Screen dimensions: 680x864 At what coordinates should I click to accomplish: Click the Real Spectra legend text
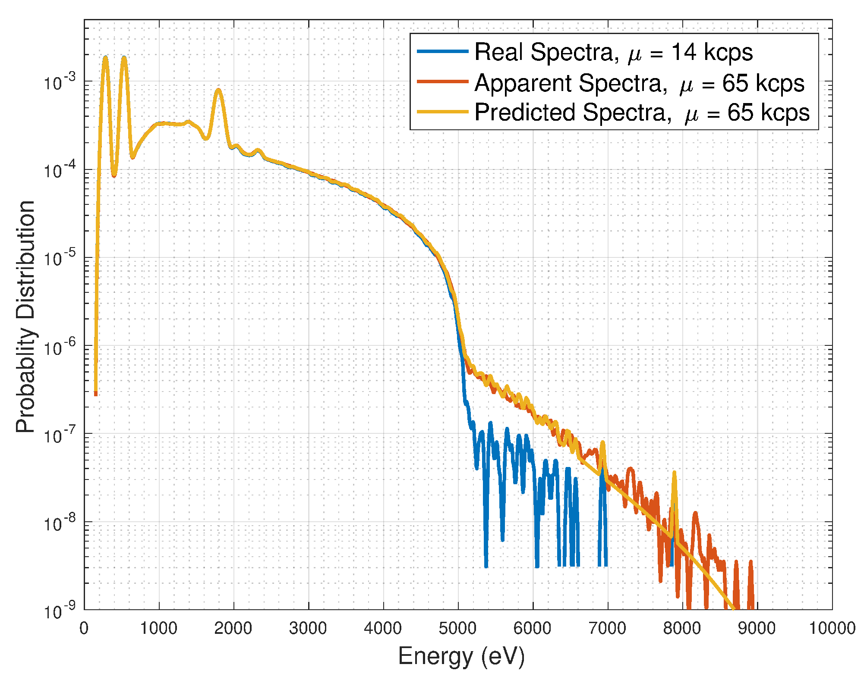pyautogui.click(x=613, y=53)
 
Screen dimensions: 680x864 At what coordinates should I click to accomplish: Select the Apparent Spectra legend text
pyautogui.click(x=639, y=83)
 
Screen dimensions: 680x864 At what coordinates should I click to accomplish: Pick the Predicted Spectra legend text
pyautogui.click(x=642, y=113)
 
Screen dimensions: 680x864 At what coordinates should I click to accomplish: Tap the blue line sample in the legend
pyautogui.click(x=442, y=52)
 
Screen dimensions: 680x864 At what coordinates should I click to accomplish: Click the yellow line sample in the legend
pyautogui.click(x=442, y=112)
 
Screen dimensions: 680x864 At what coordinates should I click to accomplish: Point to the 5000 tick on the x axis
pyautogui.click(x=457, y=629)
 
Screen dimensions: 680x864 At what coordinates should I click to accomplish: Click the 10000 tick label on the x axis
pyautogui.click(x=832, y=629)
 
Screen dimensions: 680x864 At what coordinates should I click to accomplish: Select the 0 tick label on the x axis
pyautogui.click(x=84, y=629)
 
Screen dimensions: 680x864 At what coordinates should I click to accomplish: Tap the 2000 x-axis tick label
pyautogui.click(x=233, y=629)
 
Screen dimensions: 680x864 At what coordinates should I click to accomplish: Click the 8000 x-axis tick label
pyautogui.click(x=682, y=629)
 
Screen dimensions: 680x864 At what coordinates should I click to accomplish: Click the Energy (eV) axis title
pyautogui.click(x=461, y=657)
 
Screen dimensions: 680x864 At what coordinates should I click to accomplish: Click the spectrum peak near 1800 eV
pyautogui.click(x=219, y=91)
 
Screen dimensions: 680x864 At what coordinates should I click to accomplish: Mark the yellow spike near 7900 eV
pyautogui.click(x=674, y=473)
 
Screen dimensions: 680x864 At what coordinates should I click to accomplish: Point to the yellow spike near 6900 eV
pyautogui.click(x=602, y=443)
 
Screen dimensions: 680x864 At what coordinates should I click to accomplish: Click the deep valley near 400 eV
pyautogui.click(x=114, y=175)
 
